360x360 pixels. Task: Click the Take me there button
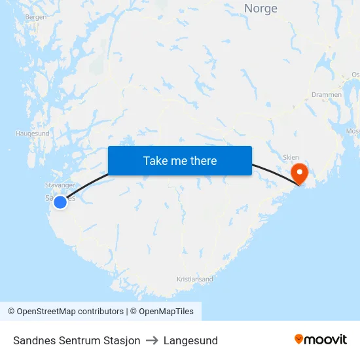click(x=180, y=161)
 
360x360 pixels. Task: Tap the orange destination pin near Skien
click(x=299, y=173)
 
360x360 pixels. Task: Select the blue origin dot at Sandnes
click(x=60, y=202)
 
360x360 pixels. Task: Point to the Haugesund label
click(x=33, y=134)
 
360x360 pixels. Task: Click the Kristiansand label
click(x=194, y=279)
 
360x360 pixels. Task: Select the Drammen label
click(x=326, y=95)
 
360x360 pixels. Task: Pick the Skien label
click(x=291, y=158)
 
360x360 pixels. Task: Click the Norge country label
click(x=261, y=9)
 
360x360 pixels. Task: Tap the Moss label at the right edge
click(x=353, y=132)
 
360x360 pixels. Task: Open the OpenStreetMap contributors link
click(x=70, y=312)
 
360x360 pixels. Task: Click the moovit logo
click(x=321, y=340)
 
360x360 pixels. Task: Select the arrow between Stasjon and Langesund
click(x=152, y=340)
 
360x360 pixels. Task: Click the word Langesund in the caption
click(x=190, y=340)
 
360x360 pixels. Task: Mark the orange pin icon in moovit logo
click(x=299, y=339)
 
